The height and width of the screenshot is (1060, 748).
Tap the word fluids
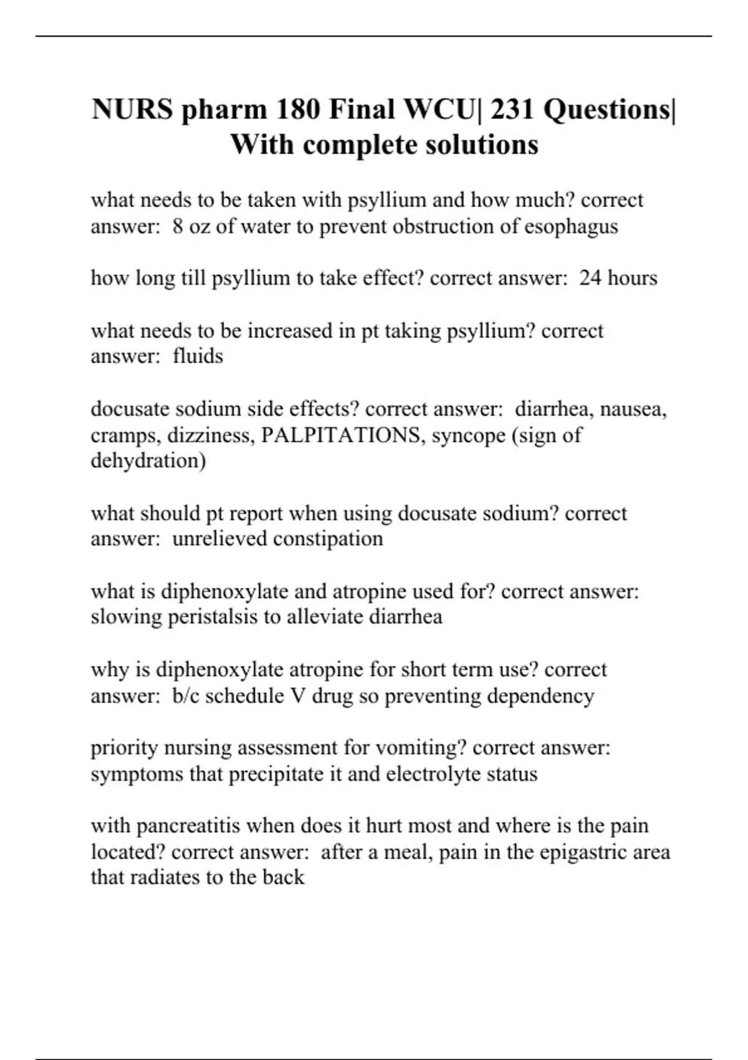pyautogui.click(x=198, y=356)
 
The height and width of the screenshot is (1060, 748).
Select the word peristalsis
pyautogui.click(x=213, y=617)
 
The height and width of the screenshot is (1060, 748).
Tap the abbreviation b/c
pyautogui.click(x=186, y=695)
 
